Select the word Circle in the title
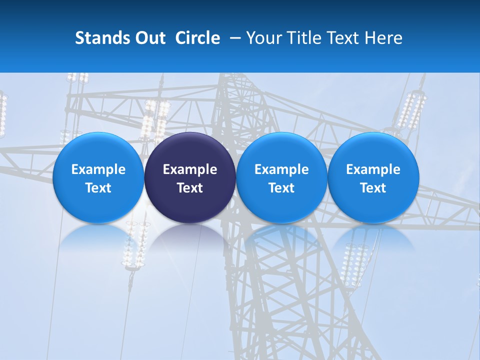click(x=197, y=38)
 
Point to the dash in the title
click(x=233, y=38)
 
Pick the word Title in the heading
click(x=302, y=38)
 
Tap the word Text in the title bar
click(x=340, y=38)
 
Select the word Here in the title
click(x=383, y=38)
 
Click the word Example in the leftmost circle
click(x=98, y=169)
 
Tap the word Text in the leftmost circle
click(x=98, y=188)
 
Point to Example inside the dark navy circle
click(x=190, y=169)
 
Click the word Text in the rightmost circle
click(x=373, y=188)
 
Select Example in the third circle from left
click(x=281, y=169)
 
